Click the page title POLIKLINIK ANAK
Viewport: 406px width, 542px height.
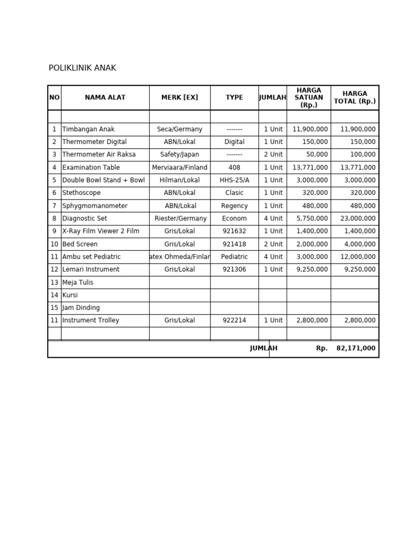[82, 68]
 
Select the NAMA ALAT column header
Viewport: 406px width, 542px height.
[105, 97]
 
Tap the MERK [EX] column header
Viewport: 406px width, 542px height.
[179, 97]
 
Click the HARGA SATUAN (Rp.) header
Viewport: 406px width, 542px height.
[309, 97]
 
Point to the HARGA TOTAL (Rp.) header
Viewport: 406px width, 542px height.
[355, 97]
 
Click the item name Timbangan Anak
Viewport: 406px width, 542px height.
[88, 129]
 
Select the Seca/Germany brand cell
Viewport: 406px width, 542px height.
[179, 129]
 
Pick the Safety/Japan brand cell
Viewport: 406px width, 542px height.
[179, 155]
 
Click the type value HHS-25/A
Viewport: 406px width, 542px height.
[234, 180]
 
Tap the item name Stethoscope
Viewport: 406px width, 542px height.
[81, 193]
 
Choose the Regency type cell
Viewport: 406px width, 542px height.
[234, 206]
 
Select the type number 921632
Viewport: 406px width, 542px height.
[234, 231]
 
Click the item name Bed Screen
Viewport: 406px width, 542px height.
[80, 244]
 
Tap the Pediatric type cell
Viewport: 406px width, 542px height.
[234, 257]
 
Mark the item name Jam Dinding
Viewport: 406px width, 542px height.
[81, 308]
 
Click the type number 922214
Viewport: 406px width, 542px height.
[234, 320]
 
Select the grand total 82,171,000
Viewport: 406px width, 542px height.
[356, 348]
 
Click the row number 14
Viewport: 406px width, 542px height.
[54, 295]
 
